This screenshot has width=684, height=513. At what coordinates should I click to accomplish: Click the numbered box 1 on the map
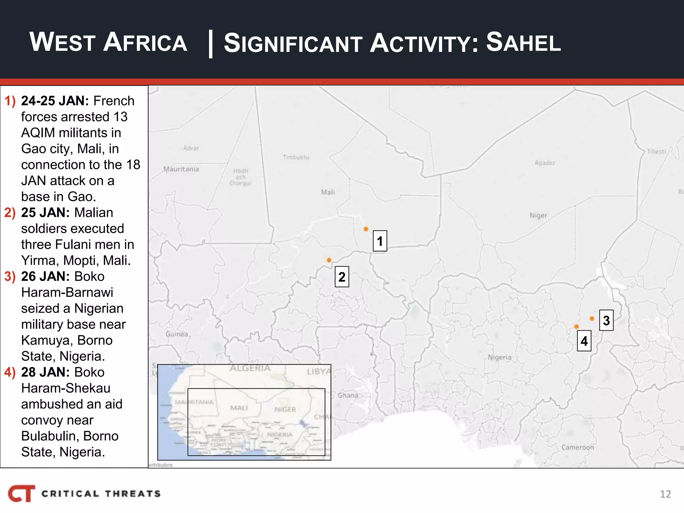380,241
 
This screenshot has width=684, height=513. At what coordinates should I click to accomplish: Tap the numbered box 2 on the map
342,277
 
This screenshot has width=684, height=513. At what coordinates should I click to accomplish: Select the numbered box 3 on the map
606,320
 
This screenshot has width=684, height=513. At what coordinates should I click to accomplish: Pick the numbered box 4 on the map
584,341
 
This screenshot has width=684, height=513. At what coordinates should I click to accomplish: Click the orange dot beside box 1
366,229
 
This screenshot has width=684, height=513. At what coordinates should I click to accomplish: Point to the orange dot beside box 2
329,260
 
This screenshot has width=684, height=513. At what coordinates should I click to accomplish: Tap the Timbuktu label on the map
296,157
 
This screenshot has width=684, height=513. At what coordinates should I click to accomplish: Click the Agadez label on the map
545,163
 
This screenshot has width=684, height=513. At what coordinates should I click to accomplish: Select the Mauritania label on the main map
181,169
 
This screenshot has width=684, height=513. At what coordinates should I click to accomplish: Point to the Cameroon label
577,447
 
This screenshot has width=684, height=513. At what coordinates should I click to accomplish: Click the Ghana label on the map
348,395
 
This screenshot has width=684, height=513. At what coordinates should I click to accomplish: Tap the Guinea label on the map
177,334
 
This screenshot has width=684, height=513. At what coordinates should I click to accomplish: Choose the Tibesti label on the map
656,152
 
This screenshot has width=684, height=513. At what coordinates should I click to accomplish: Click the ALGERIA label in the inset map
250,368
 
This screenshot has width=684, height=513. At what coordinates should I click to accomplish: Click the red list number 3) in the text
10,277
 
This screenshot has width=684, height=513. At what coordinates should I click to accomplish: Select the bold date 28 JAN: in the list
45,372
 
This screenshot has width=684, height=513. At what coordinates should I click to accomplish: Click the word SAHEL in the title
523,43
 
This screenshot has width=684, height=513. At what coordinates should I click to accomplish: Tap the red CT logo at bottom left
22,493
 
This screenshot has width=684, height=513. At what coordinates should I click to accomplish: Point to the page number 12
665,494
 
